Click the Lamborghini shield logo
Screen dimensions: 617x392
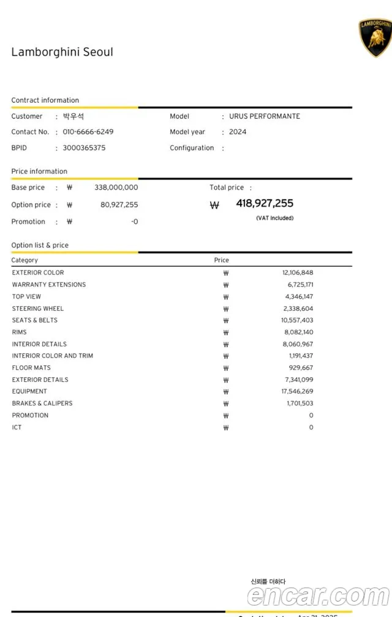pyautogui.click(x=375, y=37)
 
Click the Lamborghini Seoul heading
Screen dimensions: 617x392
pyautogui.click(x=62, y=52)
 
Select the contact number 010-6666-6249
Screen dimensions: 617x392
pyautogui.click(x=88, y=132)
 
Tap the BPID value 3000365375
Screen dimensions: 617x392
pyautogui.click(x=84, y=148)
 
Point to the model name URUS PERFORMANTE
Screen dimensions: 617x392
pyautogui.click(x=265, y=116)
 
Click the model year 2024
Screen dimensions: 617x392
pyautogui.click(x=238, y=132)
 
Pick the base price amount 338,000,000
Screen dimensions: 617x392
pyautogui.click(x=116, y=187)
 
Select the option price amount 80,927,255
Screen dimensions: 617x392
pyautogui.click(x=119, y=204)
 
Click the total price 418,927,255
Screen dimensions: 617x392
pyautogui.click(x=265, y=203)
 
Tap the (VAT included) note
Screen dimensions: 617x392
pyautogui.click(x=274, y=218)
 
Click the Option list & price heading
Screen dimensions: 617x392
pyautogui.click(x=40, y=245)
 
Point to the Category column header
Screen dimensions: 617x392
pyautogui.click(x=24, y=260)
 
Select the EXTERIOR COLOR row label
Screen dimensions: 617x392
pyautogui.click(x=38, y=272)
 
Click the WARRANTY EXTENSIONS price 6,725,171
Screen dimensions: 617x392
pyautogui.click(x=297, y=285)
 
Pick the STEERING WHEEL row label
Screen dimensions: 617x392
pyautogui.click(x=38, y=308)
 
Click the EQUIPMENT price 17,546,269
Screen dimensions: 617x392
pyautogui.click(x=297, y=391)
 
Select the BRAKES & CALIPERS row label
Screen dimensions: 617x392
pyautogui.click(x=42, y=403)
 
